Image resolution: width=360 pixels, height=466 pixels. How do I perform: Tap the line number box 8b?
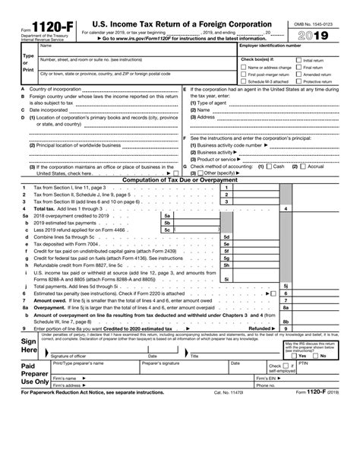pos(286,321)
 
